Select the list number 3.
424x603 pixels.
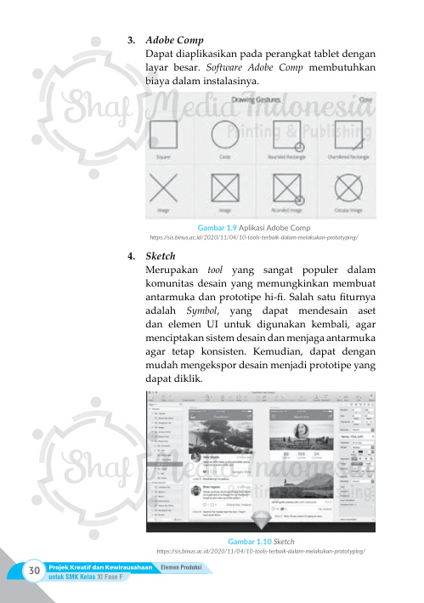(130, 40)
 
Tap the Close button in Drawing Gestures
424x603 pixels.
(366, 100)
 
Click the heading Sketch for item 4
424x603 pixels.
(161, 255)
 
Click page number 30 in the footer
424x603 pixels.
(34, 571)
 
